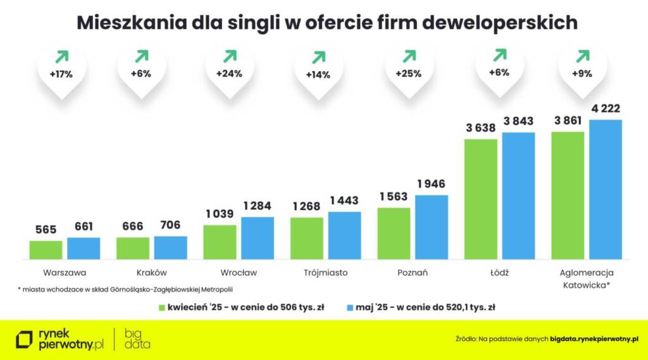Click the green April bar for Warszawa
tap(46, 250)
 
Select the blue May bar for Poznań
tap(432, 227)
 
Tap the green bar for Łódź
tap(481, 199)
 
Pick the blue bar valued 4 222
tap(606, 189)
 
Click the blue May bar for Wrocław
tap(258, 238)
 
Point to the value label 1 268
tap(307, 206)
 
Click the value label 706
tap(170, 225)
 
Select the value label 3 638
tap(481, 128)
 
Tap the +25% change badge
tap(408, 73)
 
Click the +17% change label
tap(61, 73)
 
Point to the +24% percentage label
tap(229, 73)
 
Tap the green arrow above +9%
tap(582, 55)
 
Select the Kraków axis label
tap(151, 273)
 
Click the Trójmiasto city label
tap(325, 273)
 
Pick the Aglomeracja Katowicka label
tap(582, 278)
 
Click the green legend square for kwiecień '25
tap(161, 307)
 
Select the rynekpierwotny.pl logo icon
tap(24, 339)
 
